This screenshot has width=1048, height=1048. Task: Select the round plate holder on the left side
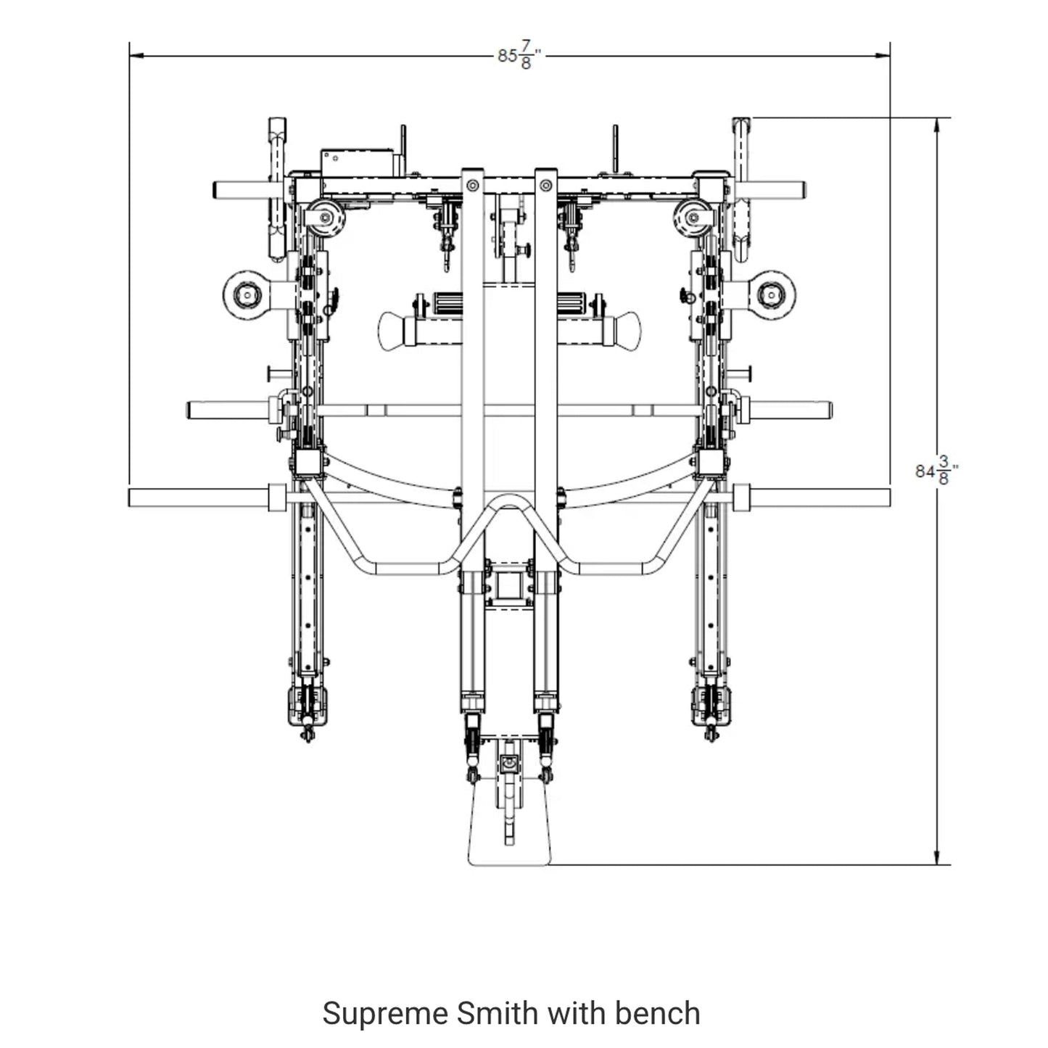click(247, 294)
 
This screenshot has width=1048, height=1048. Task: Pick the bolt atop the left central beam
click(472, 186)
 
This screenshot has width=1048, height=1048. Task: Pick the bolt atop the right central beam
click(545, 186)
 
